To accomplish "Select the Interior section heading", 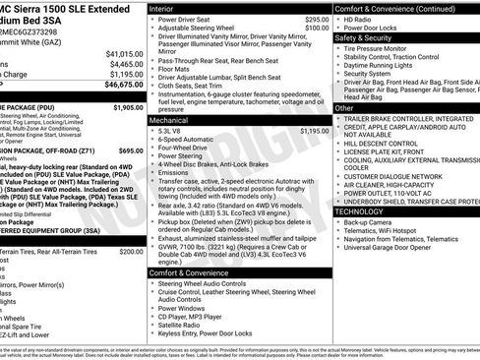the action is pos(168,7).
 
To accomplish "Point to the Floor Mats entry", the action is pos(178,69).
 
